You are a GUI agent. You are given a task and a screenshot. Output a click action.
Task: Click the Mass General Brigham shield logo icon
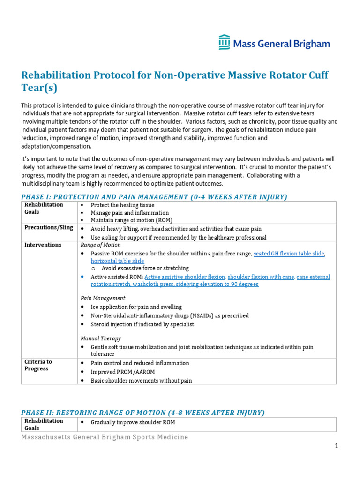coord(224,42)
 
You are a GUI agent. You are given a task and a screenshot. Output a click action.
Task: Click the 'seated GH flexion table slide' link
coord(289,254)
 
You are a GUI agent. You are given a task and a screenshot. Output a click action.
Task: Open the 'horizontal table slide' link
coord(117,261)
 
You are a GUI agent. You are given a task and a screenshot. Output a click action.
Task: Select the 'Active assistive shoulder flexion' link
coord(185,277)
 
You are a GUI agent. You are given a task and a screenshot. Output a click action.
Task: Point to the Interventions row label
coord(43,245)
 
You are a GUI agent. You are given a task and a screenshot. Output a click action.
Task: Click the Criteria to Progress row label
coord(38,365)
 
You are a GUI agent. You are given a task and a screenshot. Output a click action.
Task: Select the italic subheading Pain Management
coord(103,298)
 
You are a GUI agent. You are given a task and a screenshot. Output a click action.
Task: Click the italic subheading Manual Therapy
coord(100,338)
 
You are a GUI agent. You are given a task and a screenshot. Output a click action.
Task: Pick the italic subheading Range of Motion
coord(100,245)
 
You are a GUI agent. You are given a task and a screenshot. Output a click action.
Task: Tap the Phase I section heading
coord(154,197)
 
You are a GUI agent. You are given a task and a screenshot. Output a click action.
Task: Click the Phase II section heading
coord(143,412)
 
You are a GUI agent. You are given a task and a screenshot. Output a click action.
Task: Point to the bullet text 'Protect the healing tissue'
coord(122,205)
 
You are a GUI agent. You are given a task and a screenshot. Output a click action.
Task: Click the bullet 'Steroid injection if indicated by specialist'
coord(142,324)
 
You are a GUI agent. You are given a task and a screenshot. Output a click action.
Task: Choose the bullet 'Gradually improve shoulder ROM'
coord(133,422)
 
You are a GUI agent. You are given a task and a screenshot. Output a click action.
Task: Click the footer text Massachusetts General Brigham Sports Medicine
coord(105,437)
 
